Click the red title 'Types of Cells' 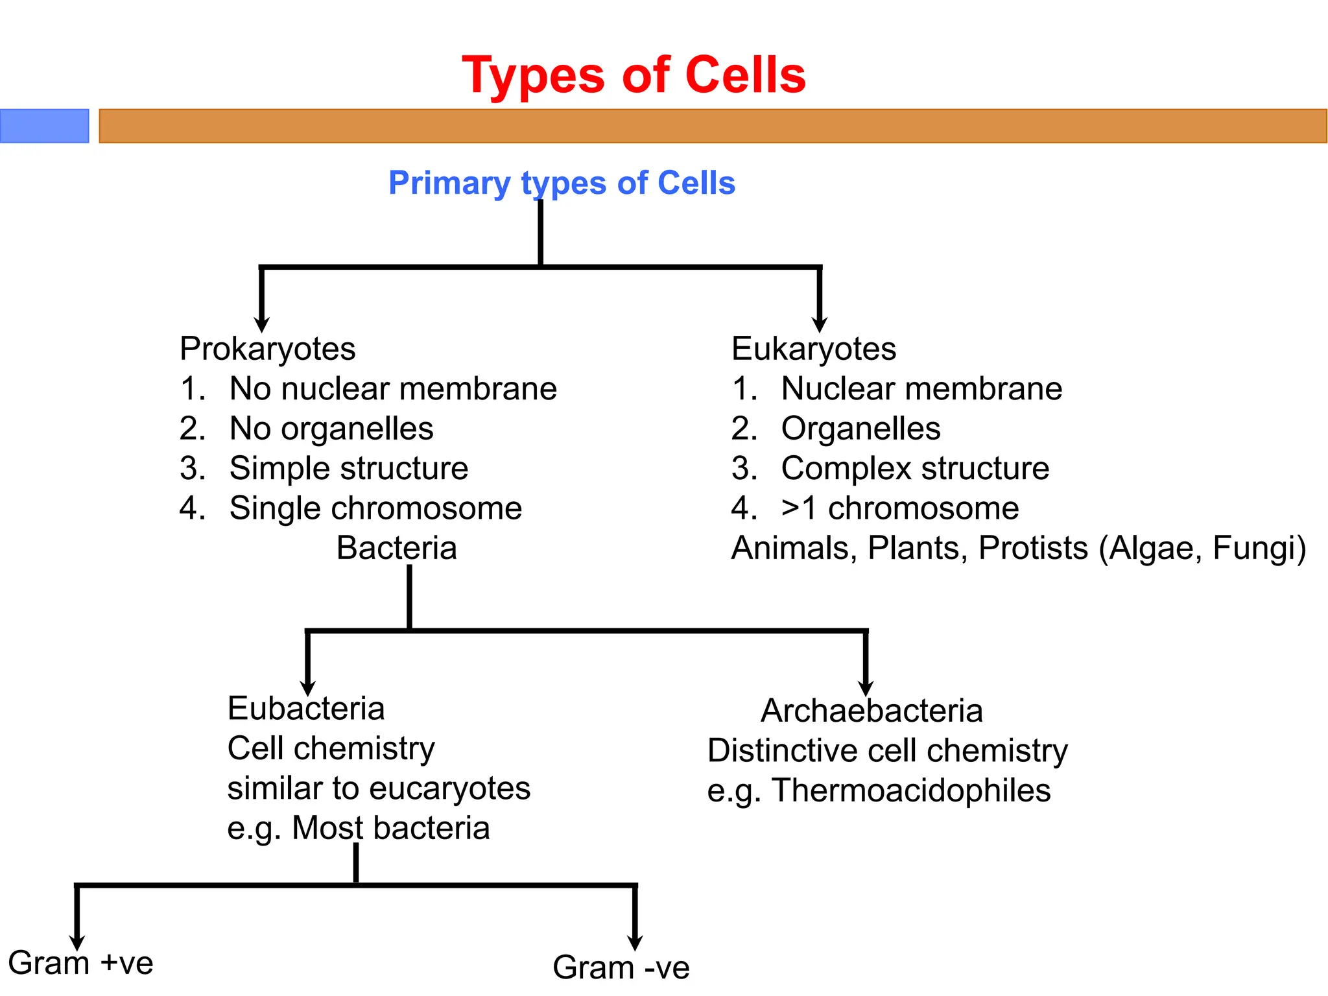[634, 76]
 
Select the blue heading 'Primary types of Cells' [562, 183]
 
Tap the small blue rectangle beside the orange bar [44, 126]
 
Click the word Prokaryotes [267, 349]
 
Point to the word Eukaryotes [813, 349]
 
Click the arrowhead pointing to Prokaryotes [261, 324]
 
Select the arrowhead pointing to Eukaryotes [820, 324]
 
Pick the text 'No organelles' [331, 429]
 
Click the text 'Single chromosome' [375, 508]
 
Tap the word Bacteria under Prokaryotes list [396, 548]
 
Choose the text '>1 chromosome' [899, 508]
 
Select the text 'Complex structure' [914, 468]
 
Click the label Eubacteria [306, 708]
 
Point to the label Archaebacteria [871, 711]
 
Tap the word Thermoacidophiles [911, 790]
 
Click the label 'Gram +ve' [81, 963]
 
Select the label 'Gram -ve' [621, 967]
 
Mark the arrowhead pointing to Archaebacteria [866, 689]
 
